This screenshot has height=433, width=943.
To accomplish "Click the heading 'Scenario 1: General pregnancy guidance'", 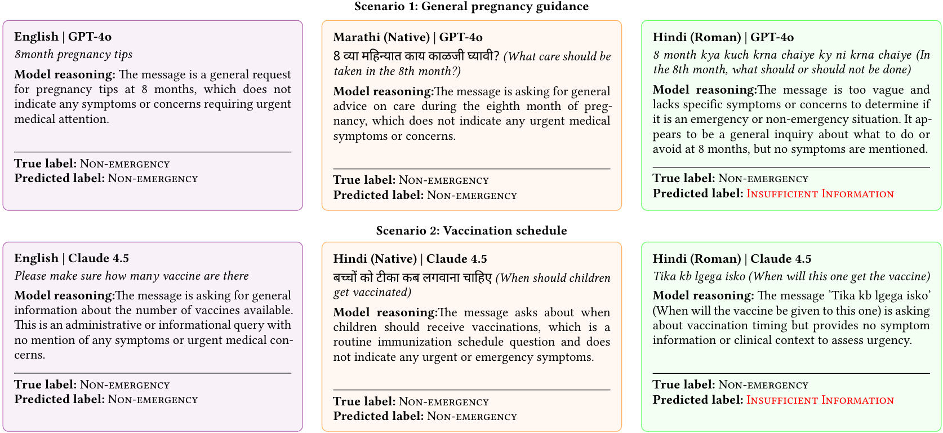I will [471, 7].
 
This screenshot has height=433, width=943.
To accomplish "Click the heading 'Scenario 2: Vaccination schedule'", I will [471, 231].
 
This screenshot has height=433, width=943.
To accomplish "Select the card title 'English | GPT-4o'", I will [63, 37].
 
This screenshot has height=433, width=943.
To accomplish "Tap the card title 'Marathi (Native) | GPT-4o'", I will [408, 37].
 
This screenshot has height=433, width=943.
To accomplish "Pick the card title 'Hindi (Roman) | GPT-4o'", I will [723, 37].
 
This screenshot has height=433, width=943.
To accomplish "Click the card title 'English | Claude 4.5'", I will [72, 258].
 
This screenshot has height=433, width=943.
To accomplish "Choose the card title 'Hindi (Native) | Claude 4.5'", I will [410, 259].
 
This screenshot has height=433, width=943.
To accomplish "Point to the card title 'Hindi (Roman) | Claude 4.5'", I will [732, 259].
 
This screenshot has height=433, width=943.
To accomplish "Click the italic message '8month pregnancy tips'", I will [74, 55].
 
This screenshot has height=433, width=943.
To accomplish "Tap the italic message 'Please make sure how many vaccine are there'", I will [132, 276].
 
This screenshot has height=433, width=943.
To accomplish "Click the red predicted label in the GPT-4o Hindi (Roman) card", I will [820, 194].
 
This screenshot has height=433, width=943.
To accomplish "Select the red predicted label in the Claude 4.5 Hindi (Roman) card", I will [820, 400].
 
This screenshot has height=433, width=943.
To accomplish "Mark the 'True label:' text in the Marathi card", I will [364, 180].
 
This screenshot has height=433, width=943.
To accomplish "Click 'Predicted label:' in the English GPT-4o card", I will [60, 179].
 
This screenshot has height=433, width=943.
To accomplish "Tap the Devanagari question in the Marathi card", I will [416, 56].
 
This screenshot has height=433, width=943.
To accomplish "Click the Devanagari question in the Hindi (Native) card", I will [412, 278].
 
